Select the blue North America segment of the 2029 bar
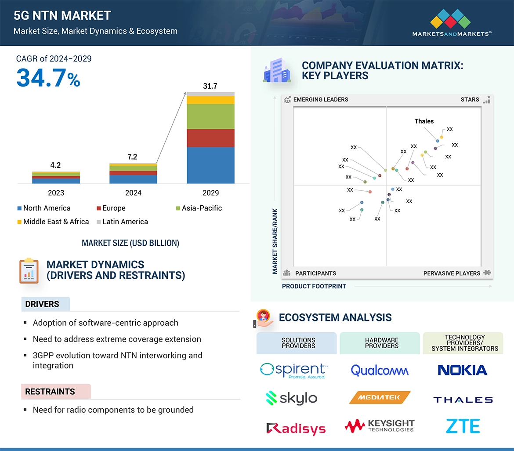[210, 165]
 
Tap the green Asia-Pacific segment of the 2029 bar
[210, 116]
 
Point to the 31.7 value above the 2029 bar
[210, 86]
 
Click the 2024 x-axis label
[133, 193]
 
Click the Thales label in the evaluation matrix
[424, 121]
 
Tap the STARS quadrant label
[470, 99]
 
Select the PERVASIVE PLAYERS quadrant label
[452, 273]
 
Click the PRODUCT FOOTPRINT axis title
[314, 286]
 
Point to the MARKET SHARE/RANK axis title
[275, 241]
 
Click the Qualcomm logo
[380, 370]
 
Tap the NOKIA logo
[463, 370]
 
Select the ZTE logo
[463, 426]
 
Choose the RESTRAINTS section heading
[50, 391]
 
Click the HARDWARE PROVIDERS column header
[381, 343]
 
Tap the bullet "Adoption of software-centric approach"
[105, 323]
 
